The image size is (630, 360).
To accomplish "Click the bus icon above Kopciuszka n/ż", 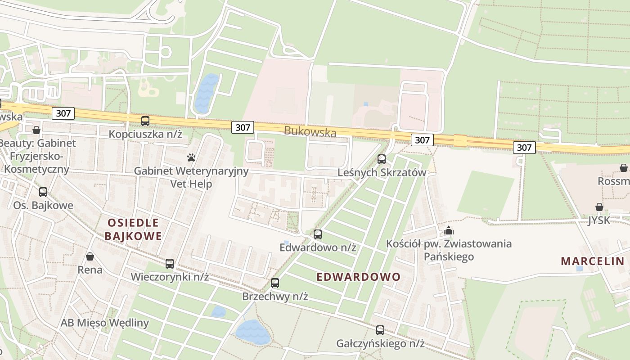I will [145, 121].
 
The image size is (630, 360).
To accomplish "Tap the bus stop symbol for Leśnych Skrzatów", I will [382, 159].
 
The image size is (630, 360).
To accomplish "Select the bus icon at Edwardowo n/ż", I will [318, 234].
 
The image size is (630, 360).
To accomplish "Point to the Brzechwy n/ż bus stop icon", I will [275, 283].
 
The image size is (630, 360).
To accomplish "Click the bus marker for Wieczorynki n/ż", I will [170, 263].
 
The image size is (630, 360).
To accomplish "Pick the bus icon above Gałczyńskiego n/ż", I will [380, 330].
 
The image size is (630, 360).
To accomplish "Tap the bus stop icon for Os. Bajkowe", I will [43, 192].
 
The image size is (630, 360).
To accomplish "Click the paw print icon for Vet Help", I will [191, 157].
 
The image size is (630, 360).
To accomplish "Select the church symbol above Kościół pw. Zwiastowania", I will [449, 231].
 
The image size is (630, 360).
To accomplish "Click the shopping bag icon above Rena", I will [90, 256].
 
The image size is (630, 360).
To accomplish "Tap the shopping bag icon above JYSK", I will [599, 207].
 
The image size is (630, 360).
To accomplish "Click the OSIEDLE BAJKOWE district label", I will [133, 229].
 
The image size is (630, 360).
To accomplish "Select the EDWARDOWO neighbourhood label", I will [358, 277].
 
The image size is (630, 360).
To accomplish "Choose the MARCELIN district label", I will [593, 261].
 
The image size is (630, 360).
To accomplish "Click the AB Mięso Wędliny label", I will [105, 323].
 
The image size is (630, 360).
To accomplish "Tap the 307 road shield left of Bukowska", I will [242, 127].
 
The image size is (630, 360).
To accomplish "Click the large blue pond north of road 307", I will [206, 94].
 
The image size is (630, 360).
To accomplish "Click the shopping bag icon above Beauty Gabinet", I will [36, 130].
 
